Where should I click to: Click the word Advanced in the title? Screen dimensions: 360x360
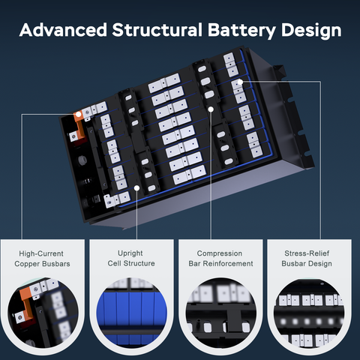(x=63, y=30)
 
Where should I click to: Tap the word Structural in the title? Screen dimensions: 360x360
(x=157, y=30)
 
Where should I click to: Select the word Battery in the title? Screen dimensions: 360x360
(x=241, y=31)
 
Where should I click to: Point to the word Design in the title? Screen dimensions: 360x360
(x=311, y=31)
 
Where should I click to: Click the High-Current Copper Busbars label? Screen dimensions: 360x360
(x=42, y=259)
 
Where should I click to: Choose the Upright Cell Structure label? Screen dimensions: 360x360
(x=131, y=258)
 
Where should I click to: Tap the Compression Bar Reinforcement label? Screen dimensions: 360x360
(x=220, y=259)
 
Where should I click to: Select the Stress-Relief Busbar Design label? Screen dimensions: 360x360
(x=307, y=259)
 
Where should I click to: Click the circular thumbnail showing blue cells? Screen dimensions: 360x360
(x=131, y=313)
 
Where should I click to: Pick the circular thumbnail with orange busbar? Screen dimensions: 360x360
(x=43, y=313)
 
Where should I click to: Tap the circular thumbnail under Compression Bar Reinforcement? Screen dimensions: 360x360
(x=220, y=313)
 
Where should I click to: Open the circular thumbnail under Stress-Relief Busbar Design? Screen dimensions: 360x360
(x=309, y=313)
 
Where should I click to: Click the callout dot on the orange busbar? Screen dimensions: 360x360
(x=79, y=115)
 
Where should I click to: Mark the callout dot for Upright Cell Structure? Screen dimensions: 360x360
(x=136, y=188)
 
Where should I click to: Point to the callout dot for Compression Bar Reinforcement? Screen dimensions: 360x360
(x=211, y=109)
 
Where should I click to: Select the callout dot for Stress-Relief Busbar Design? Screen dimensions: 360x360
(x=240, y=82)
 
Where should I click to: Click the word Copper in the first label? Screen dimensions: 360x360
(x=27, y=264)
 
